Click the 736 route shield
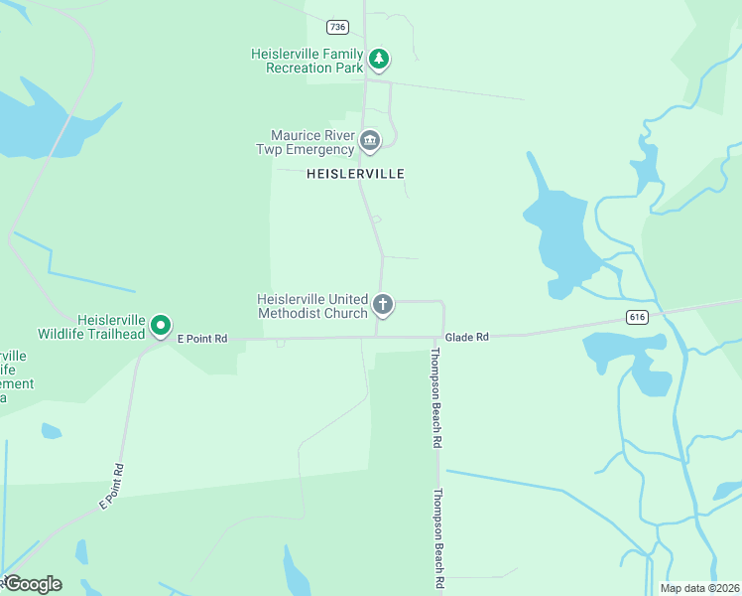[x=338, y=27]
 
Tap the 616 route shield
[x=637, y=317]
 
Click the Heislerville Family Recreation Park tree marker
[x=379, y=59]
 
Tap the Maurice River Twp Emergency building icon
[x=370, y=142]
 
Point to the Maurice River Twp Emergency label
[x=312, y=142]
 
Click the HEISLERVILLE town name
[x=355, y=173]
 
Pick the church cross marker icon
[x=383, y=304]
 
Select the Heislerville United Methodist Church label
[x=312, y=305]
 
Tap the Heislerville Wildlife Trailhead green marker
[x=161, y=325]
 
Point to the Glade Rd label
[x=466, y=338]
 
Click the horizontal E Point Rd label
[x=202, y=339]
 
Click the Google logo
[x=32, y=584]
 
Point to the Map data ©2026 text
[x=700, y=588]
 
